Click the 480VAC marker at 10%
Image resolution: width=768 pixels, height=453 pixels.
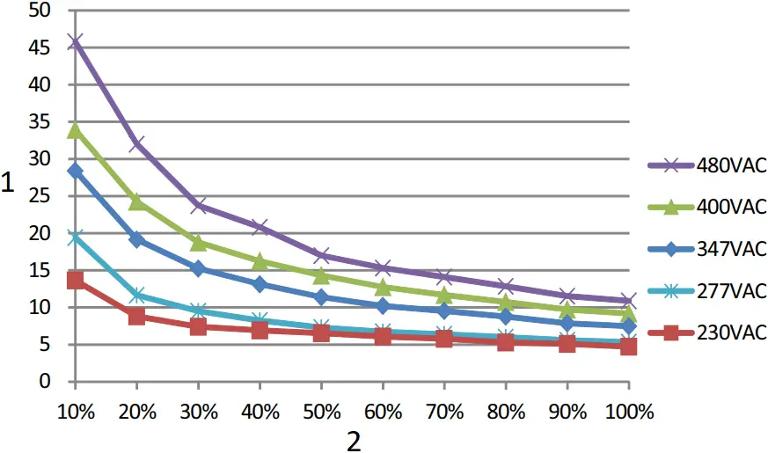[76, 41]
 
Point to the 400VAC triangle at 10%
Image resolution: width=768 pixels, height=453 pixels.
[76, 130]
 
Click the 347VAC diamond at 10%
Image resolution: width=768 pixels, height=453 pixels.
[76, 171]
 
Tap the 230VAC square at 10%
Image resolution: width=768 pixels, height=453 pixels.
[76, 280]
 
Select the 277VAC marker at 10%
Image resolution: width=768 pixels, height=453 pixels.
[76, 237]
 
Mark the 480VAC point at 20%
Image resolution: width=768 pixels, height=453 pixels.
[137, 143]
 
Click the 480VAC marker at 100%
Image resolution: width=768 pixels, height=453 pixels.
[628, 301]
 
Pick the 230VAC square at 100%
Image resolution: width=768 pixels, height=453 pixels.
[628, 347]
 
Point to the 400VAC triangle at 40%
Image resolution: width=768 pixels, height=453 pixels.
[260, 261]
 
